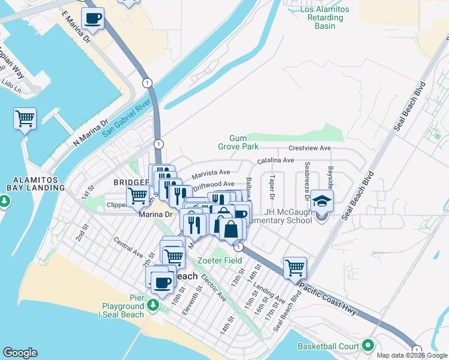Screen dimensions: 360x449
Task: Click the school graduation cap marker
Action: [322, 200]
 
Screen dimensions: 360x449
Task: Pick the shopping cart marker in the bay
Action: [25, 119]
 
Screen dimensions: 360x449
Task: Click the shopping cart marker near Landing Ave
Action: [295, 267]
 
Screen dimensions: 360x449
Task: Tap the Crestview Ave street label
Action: [310, 148]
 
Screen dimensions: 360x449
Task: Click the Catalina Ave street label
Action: [276, 161]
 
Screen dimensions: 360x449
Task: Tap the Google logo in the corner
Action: [20, 353]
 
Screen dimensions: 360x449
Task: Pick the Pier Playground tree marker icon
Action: [153, 305]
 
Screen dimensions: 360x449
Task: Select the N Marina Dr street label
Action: [85, 133]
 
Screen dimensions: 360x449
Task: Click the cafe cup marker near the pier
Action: [161, 281]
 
